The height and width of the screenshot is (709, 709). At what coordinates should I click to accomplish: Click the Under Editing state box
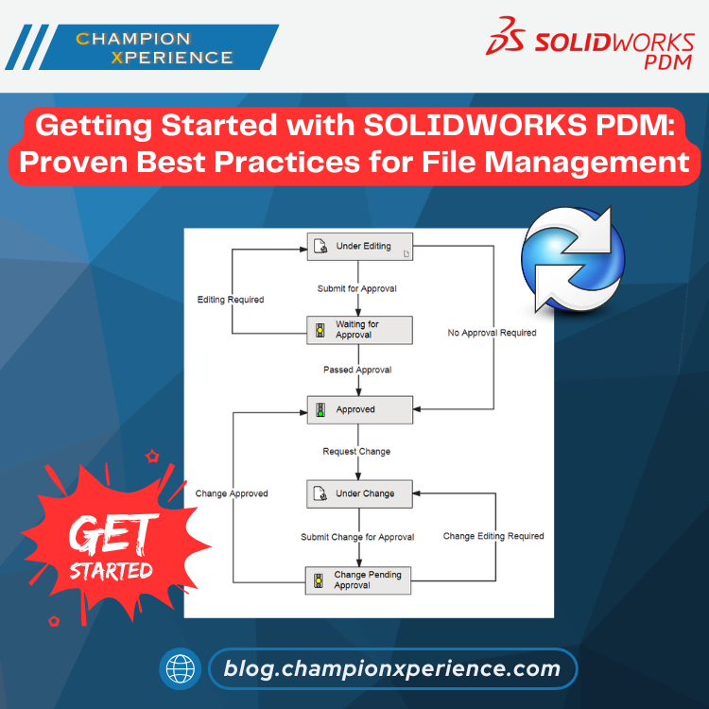click(360, 247)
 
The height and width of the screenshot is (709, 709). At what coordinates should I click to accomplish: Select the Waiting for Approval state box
click(359, 330)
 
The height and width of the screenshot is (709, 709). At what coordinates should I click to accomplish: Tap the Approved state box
click(360, 409)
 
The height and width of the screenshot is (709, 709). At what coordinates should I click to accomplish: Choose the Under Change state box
click(359, 493)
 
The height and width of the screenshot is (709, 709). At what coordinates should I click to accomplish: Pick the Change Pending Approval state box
click(358, 580)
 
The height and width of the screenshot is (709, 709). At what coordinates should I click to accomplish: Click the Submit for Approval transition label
click(356, 288)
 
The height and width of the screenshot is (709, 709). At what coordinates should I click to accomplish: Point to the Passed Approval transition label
click(357, 370)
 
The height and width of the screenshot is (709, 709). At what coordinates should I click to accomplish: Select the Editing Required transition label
click(231, 300)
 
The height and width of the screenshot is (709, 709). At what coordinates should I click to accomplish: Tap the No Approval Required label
click(492, 333)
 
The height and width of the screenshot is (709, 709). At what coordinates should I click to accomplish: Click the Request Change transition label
click(356, 451)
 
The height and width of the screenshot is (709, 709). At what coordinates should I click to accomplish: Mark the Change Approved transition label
click(232, 493)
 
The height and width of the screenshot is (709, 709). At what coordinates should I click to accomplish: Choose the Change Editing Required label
click(493, 536)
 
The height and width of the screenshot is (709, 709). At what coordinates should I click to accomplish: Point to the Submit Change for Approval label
click(357, 537)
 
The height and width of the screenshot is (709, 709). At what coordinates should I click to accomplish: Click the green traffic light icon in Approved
click(320, 410)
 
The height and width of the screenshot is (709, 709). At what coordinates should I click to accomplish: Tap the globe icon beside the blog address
click(180, 668)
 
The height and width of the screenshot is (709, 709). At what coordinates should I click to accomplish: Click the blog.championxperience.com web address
click(392, 668)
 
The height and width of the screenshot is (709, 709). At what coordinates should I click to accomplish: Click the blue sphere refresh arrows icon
click(573, 259)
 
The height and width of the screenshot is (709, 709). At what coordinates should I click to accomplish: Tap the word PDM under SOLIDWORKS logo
click(667, 62)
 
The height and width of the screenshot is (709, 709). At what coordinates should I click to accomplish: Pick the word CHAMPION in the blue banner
click(133, 39)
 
